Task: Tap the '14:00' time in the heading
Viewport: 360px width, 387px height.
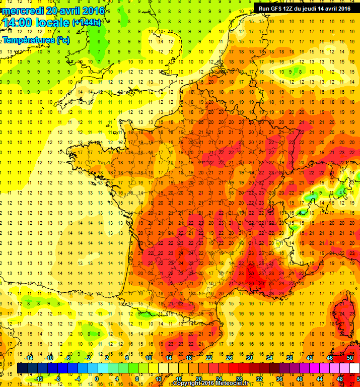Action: coord(16,23)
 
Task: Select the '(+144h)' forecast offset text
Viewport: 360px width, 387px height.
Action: coord(87,22)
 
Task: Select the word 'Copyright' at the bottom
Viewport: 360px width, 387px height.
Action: coord(187,383)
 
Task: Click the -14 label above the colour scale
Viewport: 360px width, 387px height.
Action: coord(29,357)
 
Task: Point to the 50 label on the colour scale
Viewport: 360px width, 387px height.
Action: coord(350,357)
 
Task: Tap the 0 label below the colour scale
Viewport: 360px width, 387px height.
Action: coord(97,379)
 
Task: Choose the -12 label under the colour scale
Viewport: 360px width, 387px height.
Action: coord(39,379)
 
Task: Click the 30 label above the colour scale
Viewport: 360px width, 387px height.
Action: coord(249,357)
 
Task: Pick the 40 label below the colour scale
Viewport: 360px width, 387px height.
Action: coord(299,379)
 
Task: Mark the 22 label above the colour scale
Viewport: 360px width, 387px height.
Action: coord(208,357)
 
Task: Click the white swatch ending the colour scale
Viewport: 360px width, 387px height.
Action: coord(354,368)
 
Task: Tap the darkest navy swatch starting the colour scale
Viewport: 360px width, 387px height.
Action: coord(22,368)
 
